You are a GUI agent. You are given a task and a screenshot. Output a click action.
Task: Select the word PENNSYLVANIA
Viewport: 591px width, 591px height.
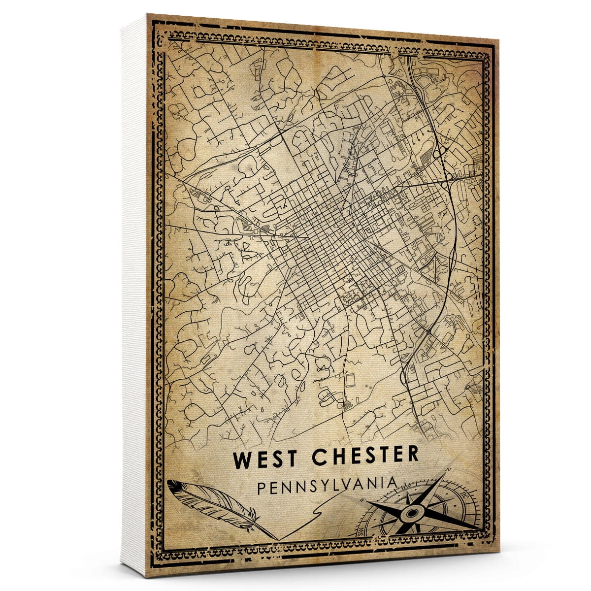click(327, 485)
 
